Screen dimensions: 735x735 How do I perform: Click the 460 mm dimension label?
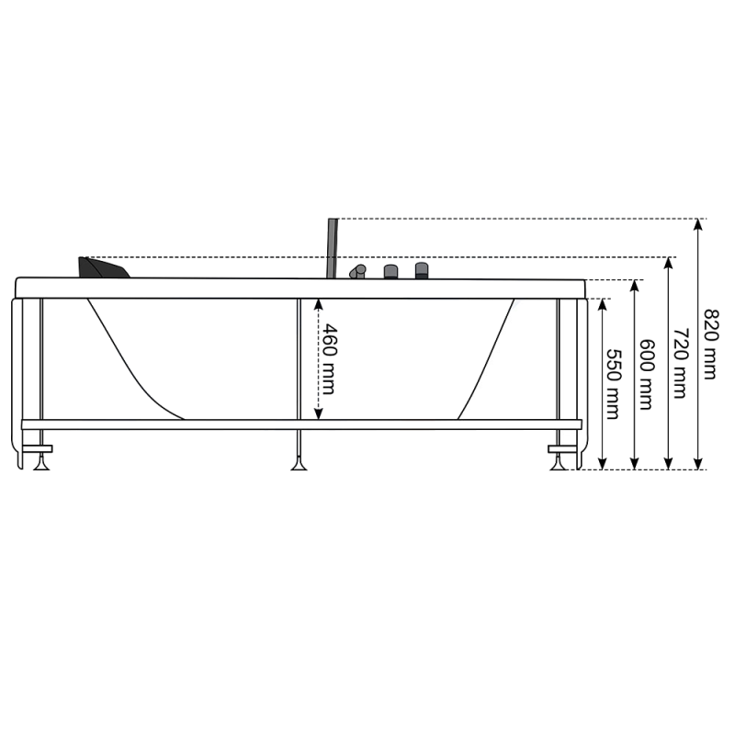coord(328,359)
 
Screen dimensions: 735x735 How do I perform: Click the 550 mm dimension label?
coord(614,384)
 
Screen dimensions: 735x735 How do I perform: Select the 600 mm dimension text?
coord(647,375)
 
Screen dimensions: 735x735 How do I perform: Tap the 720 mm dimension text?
coord(680,363)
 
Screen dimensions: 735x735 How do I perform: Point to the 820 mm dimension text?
coord(711,344)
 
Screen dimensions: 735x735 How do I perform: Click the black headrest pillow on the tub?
coord(103,267)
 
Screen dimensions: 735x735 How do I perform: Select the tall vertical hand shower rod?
coord(333,248)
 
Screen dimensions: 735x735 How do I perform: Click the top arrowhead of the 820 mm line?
coord(698,224)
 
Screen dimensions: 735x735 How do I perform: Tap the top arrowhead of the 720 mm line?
coord(669,263)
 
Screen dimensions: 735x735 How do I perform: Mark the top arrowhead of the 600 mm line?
coord(635,286)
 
